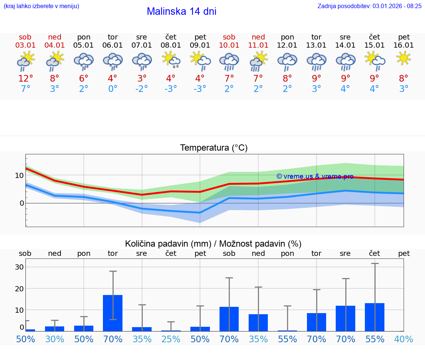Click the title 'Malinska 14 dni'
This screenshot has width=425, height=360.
182,11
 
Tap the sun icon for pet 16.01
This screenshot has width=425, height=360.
404,58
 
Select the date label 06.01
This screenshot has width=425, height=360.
113,45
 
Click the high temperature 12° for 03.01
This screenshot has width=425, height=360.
25,79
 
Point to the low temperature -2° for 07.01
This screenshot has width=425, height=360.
142,89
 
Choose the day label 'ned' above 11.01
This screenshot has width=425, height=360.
258,37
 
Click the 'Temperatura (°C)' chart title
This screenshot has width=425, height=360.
214,148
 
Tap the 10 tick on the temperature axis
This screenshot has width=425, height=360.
19,175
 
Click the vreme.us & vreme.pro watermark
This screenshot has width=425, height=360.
315,176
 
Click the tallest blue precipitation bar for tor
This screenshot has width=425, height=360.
113,313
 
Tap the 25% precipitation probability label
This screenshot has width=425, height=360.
171,339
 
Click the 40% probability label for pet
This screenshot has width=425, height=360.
404,339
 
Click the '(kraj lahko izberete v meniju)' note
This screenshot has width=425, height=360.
41,6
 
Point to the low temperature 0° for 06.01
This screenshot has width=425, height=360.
113,89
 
